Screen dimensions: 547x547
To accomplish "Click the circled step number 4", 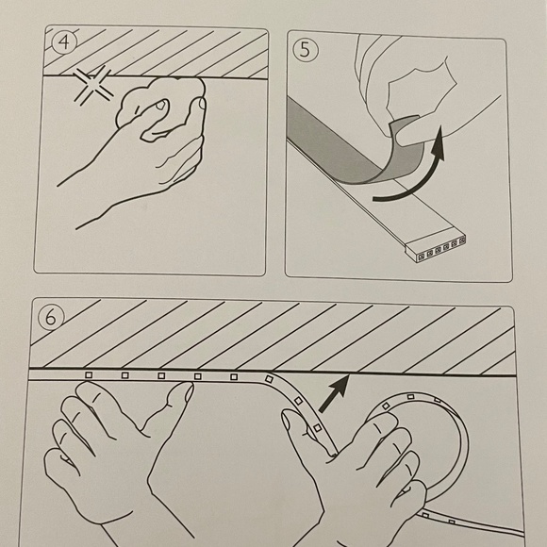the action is (64, 42).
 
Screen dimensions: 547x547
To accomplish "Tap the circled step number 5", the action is (306, 50).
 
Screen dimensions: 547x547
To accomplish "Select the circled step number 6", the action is (52, 318).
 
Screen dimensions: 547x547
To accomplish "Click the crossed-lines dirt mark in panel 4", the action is (93, 85).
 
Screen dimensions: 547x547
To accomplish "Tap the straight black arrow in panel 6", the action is (335, 393).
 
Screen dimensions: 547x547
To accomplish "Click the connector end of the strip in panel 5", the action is (436, 248).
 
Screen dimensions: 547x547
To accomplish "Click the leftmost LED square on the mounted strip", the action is (89, 374).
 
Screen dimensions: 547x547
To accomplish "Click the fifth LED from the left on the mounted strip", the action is (234, 376).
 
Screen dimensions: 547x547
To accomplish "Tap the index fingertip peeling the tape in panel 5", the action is (405, 138).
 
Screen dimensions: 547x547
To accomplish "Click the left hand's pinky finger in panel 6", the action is (61, 460).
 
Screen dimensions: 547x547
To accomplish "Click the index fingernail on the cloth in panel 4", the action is (161, 104).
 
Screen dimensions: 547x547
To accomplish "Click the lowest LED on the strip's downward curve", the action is (317, 427).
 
